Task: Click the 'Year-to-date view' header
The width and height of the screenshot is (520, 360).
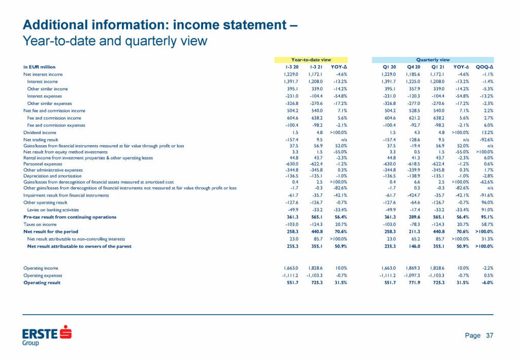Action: coord(311,59)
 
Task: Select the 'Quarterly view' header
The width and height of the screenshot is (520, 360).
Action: coord(433,59)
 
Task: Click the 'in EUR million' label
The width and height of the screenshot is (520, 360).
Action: coord(40,67)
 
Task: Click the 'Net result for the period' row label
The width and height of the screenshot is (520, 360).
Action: coord(48,232)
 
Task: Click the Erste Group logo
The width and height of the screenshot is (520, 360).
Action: coord(47,336)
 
